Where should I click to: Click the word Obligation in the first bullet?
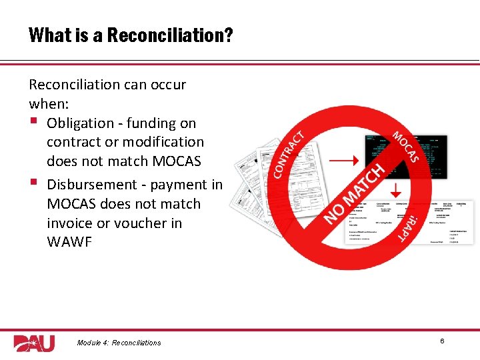81,123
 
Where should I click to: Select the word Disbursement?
89,185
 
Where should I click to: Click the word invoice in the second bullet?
70,223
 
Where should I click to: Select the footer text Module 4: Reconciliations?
119,343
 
